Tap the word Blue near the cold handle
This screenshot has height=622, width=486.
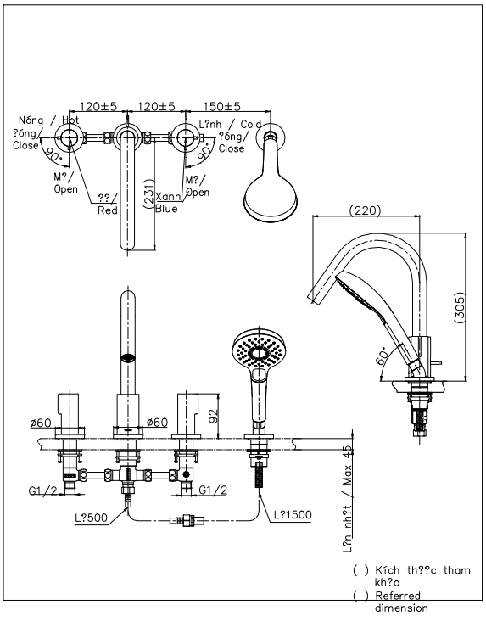point(166,208)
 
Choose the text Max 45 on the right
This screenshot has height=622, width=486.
point(348,466)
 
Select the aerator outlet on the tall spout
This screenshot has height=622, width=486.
point(127,359)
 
